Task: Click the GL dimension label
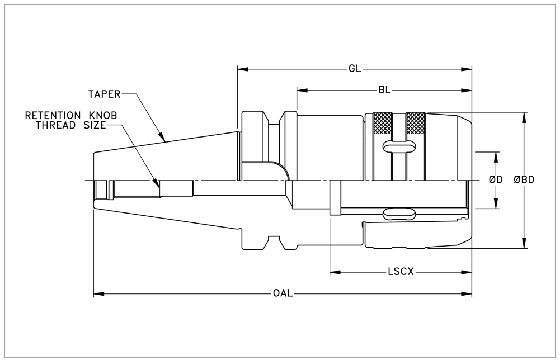click(x=355, y=69)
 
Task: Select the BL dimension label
click(x=384, y=90)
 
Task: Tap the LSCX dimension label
click(x=401, y=272)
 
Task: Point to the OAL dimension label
click(x=283, y=293)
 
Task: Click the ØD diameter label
click(x=496, y=180)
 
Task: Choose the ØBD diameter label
click(x=524, y=180)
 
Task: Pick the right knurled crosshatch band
click(x=415, y=122)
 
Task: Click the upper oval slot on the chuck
click(x=398, y=146)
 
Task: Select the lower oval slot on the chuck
click(x=398, y=215)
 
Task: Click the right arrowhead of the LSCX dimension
click(x=468, y=272)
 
